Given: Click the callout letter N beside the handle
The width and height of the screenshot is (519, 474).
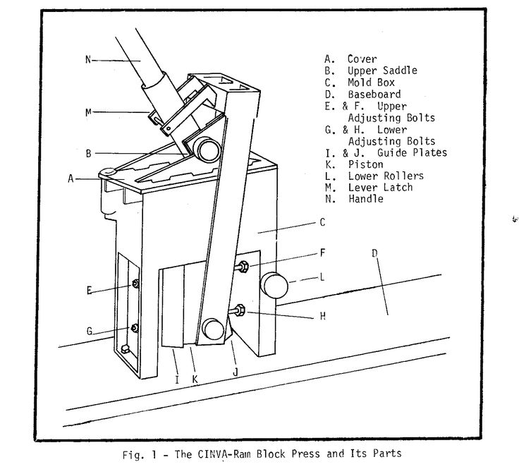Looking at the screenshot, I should tap(89, 59).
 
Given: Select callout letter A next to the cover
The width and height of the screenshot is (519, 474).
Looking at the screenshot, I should tap(71, 179).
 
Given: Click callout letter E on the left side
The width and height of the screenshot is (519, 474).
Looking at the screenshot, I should tap(90, 289).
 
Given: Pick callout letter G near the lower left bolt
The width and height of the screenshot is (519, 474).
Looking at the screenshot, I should tap(90, 331).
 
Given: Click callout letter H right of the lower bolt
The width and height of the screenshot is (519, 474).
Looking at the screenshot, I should tap(322, 317).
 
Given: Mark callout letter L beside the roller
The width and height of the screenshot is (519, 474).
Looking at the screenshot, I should tap(322, 278).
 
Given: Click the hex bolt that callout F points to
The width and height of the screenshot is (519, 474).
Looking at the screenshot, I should tap(241, 267).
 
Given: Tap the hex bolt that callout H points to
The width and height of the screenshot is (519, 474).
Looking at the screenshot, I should tap(238, 309).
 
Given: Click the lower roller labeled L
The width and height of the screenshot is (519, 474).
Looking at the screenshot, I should tap(276, 286).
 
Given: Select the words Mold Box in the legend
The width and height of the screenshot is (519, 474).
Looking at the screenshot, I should tap(370, 83).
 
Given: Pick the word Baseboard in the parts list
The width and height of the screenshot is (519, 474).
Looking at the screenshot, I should tap(374, 94).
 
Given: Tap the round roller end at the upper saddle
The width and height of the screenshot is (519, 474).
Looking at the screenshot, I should tap(207, 149).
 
